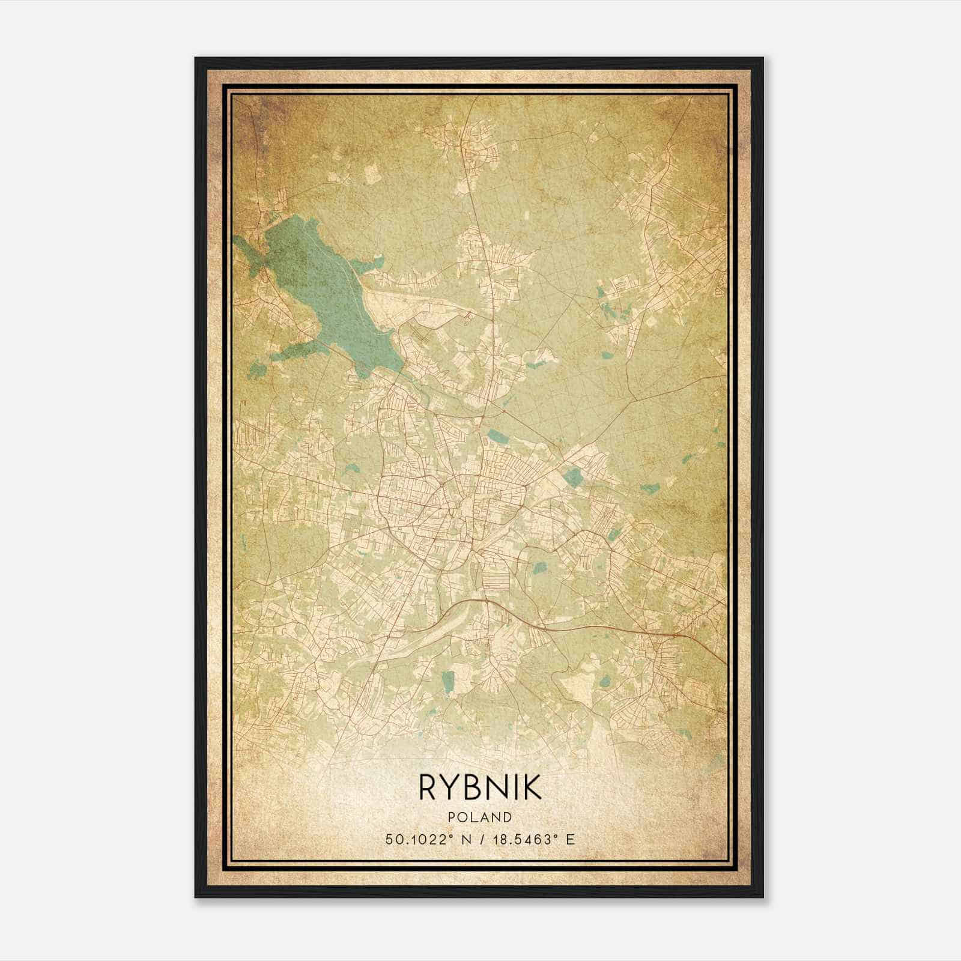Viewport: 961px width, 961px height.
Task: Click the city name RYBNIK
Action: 480,787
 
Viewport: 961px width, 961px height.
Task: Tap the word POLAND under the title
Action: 480,817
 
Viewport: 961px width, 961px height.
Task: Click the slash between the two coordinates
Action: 480,839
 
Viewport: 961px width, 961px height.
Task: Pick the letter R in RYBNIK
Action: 428,787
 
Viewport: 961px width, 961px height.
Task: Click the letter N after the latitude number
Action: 465,839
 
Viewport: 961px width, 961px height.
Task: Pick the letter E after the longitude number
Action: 571,839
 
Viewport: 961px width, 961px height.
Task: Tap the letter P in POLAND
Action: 450,817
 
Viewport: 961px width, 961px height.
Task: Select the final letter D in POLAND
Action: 508,817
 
